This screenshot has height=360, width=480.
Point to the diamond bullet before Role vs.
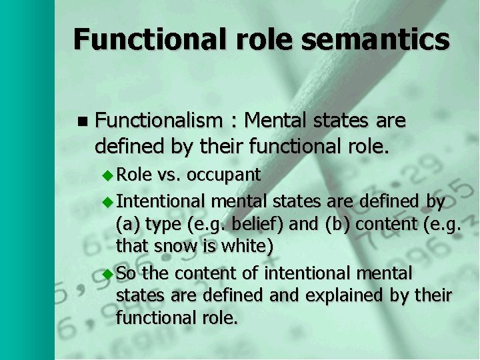pos(110,175)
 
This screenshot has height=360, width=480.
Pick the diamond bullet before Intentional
pos(110,201)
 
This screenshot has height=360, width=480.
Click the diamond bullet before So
pos(110,273)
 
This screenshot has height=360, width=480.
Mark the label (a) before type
pos(129,225)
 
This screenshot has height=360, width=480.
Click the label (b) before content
pos(337,225)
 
